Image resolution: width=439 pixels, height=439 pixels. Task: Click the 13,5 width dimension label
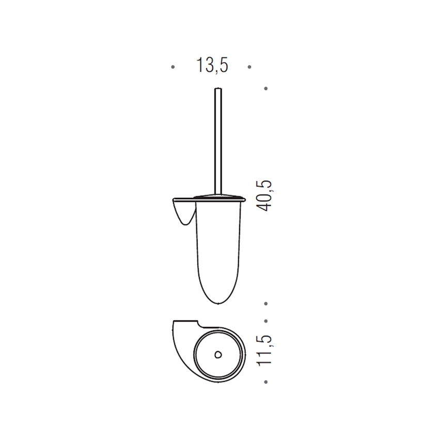point(212,66)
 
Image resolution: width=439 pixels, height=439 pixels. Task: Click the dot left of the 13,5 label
point(173,67)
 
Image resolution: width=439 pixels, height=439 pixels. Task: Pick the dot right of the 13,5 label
point(249,67)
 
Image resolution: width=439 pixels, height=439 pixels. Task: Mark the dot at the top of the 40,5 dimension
point(265,88)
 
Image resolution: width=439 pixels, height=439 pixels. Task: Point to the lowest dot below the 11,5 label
point(265,382)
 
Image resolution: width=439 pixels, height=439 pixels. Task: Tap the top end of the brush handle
point(216,90)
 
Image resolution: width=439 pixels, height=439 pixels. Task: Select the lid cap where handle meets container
point(217,196)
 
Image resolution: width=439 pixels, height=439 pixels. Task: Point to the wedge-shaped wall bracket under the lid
point(182,213)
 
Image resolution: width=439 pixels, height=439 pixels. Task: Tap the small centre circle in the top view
point(217,355)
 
